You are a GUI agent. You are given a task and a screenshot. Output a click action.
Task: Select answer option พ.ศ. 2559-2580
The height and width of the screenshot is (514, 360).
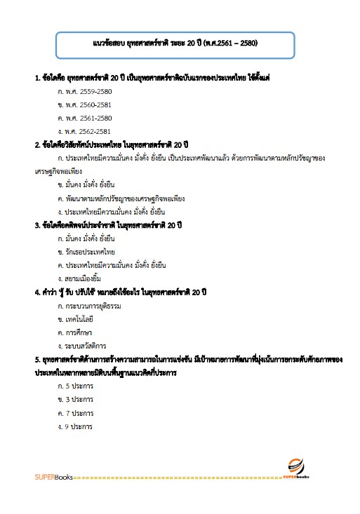tap(85, 91)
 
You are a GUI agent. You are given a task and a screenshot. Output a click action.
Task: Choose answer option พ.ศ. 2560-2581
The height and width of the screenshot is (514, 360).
tap(85, 104)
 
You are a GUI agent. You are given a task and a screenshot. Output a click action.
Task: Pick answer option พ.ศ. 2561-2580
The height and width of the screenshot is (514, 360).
tap(85, 118)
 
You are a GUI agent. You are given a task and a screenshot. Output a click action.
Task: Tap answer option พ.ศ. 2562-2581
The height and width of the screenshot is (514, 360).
tap(85, 131)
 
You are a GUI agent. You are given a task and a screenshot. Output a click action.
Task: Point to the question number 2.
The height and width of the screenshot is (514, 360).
tap(36, 145)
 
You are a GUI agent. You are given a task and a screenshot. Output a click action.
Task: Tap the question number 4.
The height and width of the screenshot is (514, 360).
tap(36, 292)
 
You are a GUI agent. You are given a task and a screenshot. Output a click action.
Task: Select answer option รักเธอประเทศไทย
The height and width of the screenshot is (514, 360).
tap(86, 252)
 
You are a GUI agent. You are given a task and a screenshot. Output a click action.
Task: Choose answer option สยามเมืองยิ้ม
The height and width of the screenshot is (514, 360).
tap(83, 278)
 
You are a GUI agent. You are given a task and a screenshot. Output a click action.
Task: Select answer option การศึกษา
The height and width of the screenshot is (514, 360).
tap(78, 332)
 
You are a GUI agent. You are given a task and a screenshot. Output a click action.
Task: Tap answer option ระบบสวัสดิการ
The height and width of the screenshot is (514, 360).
tap(83, 346)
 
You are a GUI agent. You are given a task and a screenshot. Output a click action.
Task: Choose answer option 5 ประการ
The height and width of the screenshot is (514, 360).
tap(76, 386)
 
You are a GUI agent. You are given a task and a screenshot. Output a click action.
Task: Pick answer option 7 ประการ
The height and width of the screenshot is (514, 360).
tap(76, 413)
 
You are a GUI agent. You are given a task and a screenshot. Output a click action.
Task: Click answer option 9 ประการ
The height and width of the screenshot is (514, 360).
tap(76, 426)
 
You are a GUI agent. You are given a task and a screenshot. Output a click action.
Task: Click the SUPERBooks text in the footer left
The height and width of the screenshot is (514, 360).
tap(50, 478)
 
